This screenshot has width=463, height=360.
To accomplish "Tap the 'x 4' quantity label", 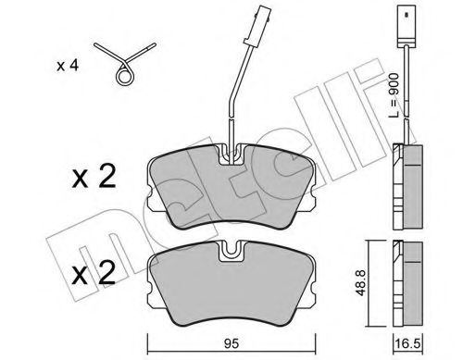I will pyautogui.click(x=67, y=66).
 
